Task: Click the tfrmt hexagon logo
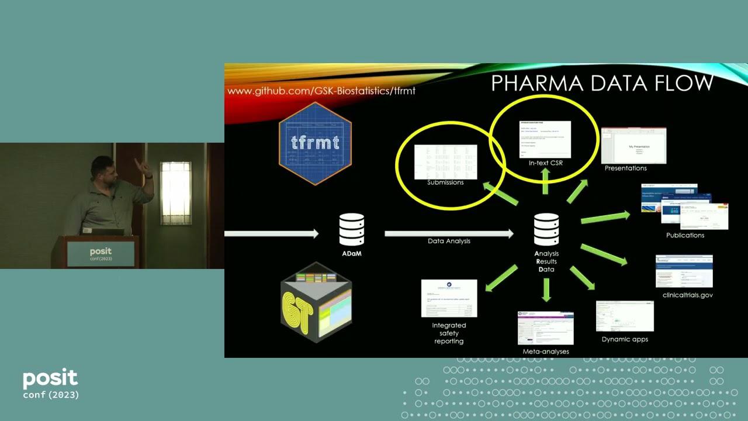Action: (316, 143)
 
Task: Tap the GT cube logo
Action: (316, 303)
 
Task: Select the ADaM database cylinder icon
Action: (351, 230)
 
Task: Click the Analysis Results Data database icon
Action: (546, 230)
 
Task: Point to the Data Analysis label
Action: (449, 241)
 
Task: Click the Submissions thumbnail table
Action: (445, 161)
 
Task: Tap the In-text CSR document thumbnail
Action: (545, 139)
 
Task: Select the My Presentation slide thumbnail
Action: (633, 145)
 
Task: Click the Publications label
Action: (685, 235)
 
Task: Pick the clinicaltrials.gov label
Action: (688, 295)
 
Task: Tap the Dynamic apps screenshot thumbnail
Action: (625, 316)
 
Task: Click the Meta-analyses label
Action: (546, 351)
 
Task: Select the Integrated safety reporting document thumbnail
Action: (449, 298)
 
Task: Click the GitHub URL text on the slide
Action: (321, 91)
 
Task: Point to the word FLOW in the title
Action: (678, 83)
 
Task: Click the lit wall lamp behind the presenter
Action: (175, 193)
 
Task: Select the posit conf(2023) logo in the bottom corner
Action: (50, 384)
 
